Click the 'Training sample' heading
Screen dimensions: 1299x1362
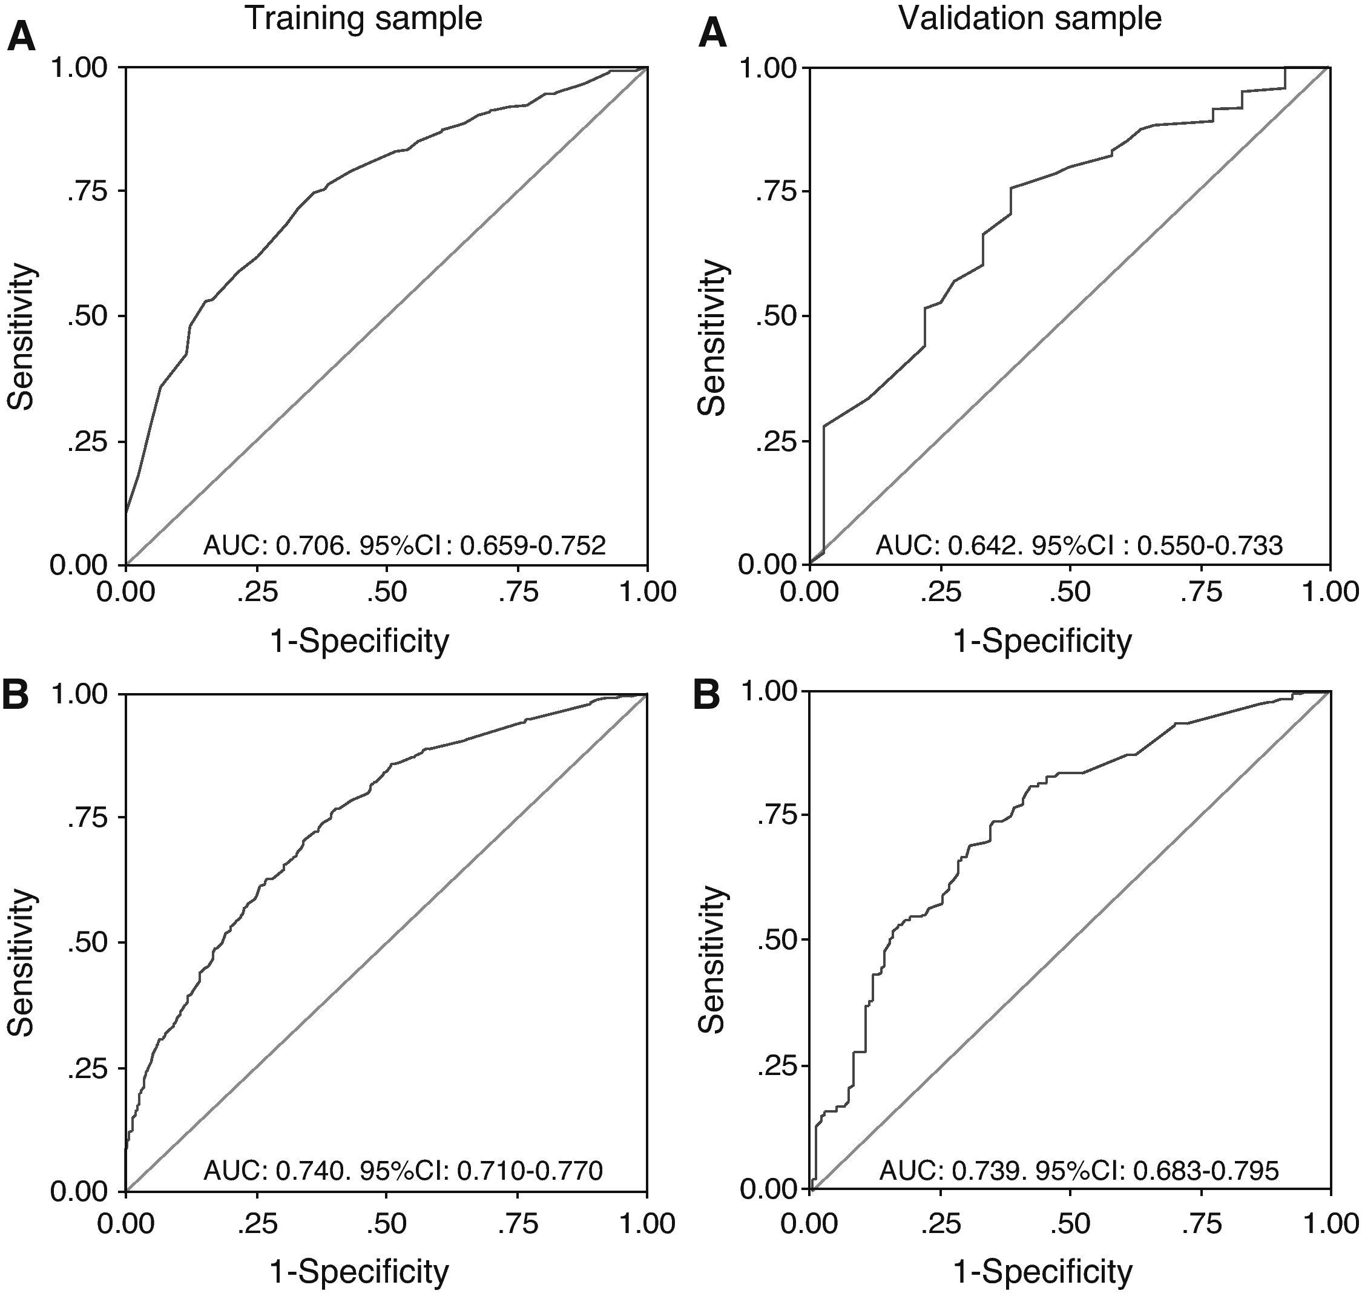(364, 19)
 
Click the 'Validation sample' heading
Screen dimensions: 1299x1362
(1030, 19)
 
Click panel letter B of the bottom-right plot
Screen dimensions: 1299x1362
(708, 697)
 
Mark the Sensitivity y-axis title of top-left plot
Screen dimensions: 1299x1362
(21, 337)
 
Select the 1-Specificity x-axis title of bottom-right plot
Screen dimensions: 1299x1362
(1043, 1271)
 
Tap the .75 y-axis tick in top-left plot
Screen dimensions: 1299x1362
(87, 191)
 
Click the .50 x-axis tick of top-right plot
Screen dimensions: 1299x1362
(1070, 593)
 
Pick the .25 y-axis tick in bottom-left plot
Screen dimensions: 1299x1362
(87, 1068)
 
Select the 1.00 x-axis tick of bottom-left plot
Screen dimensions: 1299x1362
(646, 1223)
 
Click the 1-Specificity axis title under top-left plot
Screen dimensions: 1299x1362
(360, 641)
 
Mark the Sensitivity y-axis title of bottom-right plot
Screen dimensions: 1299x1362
(712, 961)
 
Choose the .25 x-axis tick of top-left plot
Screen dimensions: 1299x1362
(257, 593)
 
